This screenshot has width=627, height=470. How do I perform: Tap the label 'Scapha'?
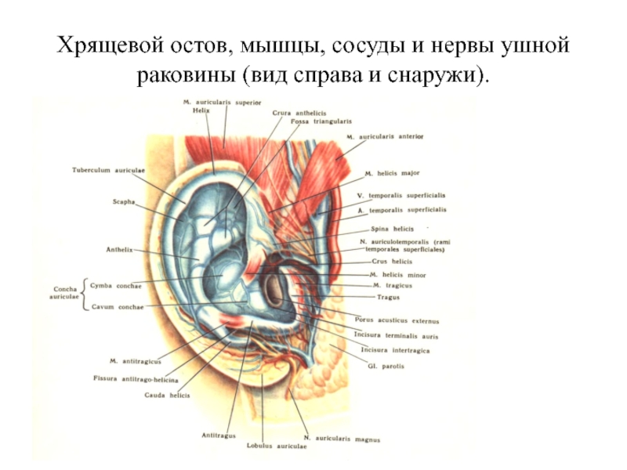123,201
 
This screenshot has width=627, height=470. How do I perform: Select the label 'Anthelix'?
119,250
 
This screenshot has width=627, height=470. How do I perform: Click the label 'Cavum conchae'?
117,307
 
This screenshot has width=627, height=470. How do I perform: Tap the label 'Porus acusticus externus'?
397,321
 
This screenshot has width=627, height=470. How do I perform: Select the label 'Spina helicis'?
393,228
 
